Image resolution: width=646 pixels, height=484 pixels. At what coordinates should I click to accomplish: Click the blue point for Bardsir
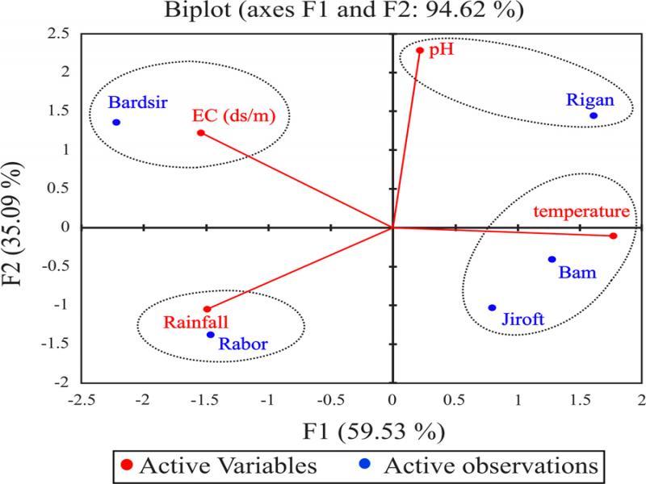point(116,123)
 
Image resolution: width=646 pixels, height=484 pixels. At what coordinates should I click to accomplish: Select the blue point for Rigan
point(594,115)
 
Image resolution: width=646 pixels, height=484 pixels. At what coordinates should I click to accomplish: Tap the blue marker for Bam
point(552,259)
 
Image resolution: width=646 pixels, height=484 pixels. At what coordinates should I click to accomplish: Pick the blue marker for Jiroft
point(492,307)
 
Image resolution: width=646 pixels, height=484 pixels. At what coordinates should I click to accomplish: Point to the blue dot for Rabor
point(211,335)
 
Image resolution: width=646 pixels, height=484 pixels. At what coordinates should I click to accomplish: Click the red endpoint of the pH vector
point(420,50)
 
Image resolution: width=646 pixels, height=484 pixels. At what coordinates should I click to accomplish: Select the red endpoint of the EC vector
point(201,132)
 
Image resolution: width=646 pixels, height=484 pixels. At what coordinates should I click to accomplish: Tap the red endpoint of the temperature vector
point(614,236)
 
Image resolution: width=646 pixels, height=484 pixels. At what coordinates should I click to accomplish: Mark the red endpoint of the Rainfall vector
point(207,309)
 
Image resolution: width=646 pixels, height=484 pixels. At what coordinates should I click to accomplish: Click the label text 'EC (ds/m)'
point(234,115)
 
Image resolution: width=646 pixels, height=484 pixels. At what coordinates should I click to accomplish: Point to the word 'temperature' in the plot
point(581,212)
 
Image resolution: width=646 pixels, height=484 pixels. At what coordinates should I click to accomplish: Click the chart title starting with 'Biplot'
point(321,11)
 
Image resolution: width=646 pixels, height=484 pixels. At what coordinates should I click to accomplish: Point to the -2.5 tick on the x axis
point(82,399)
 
